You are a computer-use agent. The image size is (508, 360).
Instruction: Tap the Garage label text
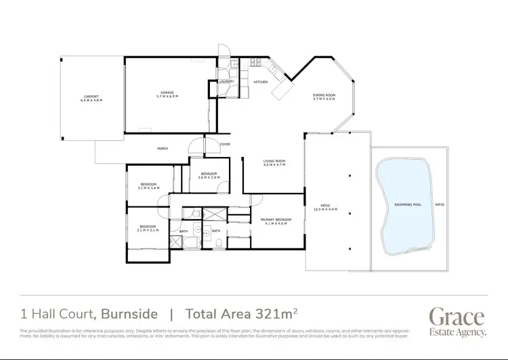[x=167, y=93]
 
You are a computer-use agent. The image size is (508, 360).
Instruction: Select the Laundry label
[x=226, y=82]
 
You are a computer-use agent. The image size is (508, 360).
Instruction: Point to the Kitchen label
[x=261, y=82]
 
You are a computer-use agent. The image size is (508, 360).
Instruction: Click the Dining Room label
[x=324, y=95]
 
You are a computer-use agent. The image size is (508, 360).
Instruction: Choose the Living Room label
[x=274, y=161]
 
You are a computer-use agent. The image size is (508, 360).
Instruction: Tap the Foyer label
[x=226, y=144]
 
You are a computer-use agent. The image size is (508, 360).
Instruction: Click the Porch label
[x=163, y=148]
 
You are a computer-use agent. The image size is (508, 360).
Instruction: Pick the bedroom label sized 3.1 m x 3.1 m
[x=148, y=227]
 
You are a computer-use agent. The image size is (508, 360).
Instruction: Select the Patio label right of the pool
[x=440, y=204]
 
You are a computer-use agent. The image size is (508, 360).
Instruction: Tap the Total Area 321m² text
[x=235, y=314]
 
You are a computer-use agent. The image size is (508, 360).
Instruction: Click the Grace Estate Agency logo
[x=457, y=321]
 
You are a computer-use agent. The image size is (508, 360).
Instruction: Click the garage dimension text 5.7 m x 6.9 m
[x=167, y=96]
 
